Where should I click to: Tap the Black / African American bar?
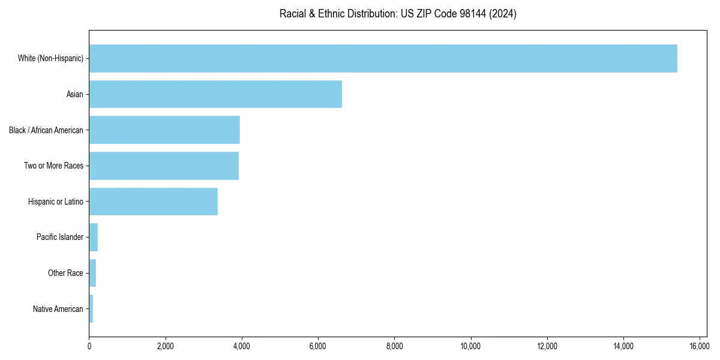coord(164,130)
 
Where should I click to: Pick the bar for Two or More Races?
coord(164,166)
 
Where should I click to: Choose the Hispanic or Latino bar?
coord(153,202)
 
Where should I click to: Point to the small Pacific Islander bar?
coord(94,237)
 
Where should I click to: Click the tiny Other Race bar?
coord(92,273)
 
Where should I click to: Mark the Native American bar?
coord(91,309)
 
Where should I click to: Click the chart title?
coord(398,14)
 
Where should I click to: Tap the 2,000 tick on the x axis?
coord(165,346)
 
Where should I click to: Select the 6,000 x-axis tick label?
coord(318,346)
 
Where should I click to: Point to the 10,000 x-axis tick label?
coord(470,346)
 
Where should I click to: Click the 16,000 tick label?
coord(700,346)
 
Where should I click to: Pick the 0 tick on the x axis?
coord(89,346)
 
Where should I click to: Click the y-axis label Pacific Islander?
coord(60,237)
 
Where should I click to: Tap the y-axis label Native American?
coord(58,309)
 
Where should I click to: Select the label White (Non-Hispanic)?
coord(50,58)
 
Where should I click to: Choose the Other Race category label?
coord(65,273)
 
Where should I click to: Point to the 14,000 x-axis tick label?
coord(623,346)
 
